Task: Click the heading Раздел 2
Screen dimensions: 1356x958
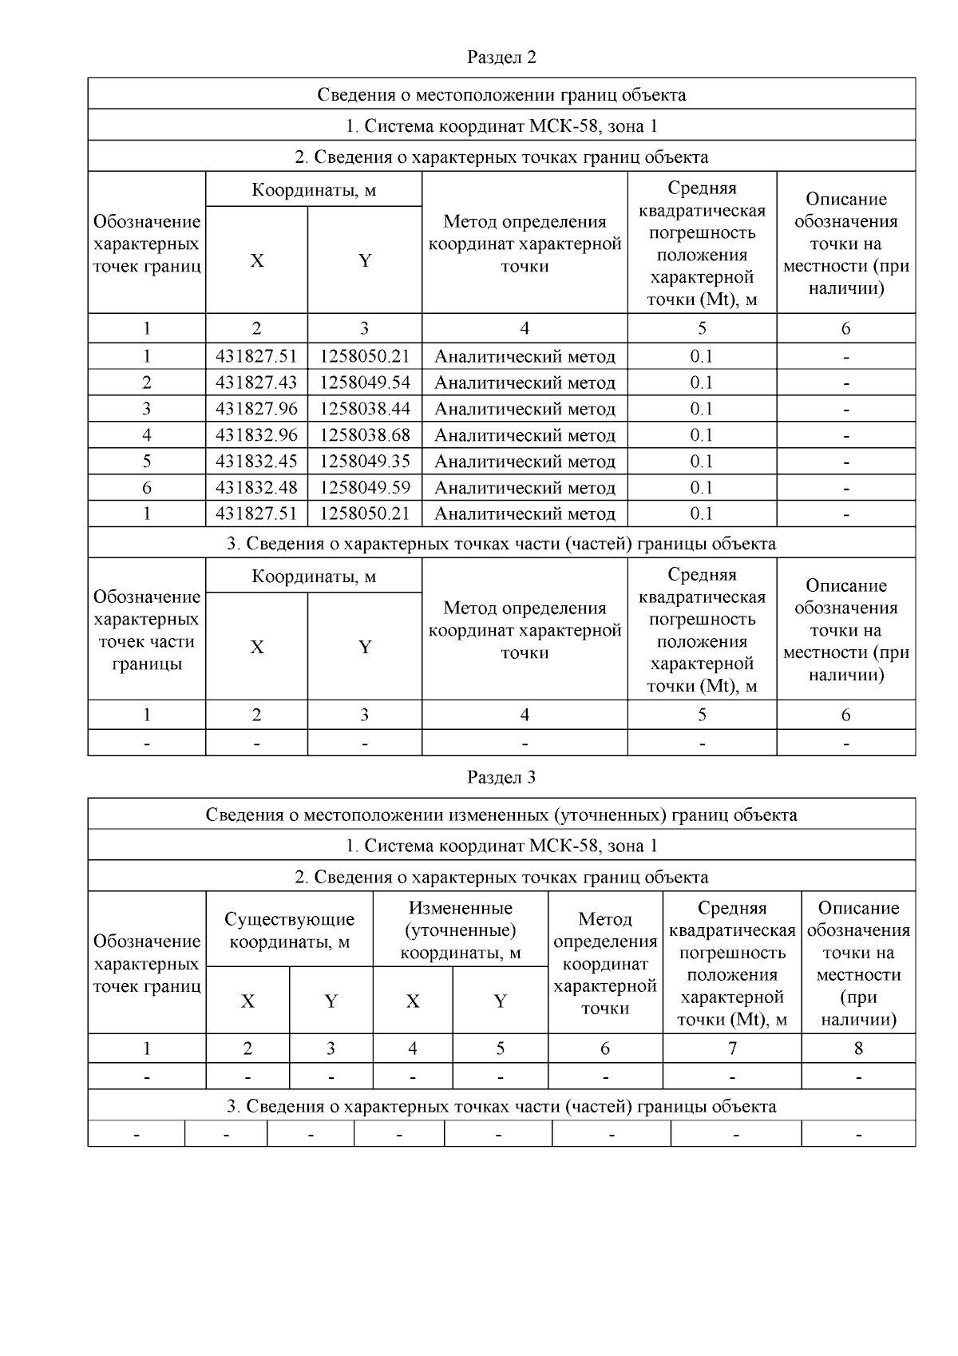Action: pyautogui.click(x=501, y=57)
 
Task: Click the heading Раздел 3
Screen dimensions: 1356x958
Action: pyautogui.click(x=501, y=777)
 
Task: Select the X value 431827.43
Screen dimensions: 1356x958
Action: pyautogui.click(x=256, y=383)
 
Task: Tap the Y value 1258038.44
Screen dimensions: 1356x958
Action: pyautogui.click(x=365, y=409)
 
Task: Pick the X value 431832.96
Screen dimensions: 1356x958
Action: pyautogui.click(x=256, y=435)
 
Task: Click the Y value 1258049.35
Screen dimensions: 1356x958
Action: pyautogui.click(x=365, y=462)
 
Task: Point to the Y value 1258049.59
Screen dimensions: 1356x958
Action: pyautogui.click(x=365, y=488)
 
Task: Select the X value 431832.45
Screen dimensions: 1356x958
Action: pyautogui.click(x=256, y=462)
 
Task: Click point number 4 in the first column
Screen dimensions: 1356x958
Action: pyautogui.click(x=147, y=435)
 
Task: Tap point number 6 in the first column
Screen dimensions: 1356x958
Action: pyautogui.click(x=147, y=488)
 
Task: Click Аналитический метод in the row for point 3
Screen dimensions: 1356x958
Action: pyautogui.click(x=525, y=409)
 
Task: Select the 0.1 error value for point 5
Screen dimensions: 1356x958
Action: pyautogui.click(x=702, y=462)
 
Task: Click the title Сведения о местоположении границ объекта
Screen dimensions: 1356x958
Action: pyautogui.click(x=501, y=95)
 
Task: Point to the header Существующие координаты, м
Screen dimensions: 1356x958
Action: pyautogui.click(x=289, y=930)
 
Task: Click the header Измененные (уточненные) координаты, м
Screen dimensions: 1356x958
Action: pyautogui.click(x=461, y=930)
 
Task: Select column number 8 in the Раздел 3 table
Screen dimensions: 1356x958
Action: pyautogui.click(x=858, y=1049)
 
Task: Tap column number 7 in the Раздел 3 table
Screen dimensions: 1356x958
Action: pyautogui.click(x=732, y=1049)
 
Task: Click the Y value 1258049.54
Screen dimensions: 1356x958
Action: pyautogui.click(x=365, y=383)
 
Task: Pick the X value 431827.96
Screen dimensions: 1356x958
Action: pyautogui.click(x=256, y=409)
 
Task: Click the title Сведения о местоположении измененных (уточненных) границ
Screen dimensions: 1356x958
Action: pyautogui.click(x=501, y=815)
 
